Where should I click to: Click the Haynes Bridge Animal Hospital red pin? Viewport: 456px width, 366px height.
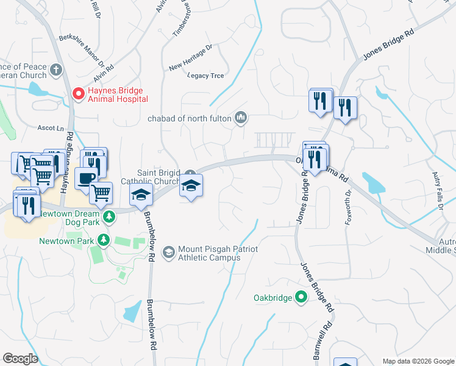78,93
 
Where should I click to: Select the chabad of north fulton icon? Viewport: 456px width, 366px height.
241,117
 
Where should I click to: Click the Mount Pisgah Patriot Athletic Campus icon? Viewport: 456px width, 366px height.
168,251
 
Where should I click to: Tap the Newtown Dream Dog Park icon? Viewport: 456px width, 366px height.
109,217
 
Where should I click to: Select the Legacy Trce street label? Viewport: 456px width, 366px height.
205,76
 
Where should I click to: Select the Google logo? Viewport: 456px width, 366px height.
20,359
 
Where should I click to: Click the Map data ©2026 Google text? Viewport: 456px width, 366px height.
418,361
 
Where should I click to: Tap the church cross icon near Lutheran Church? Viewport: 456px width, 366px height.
57,70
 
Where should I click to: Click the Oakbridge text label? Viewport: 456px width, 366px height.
273,298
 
